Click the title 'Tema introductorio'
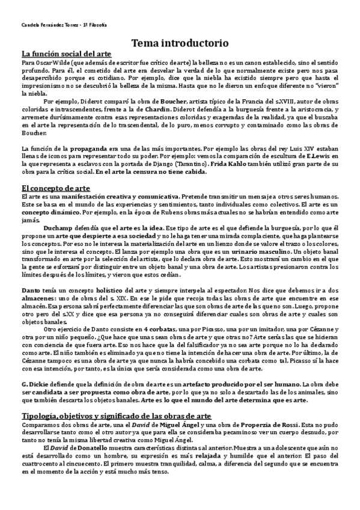pyautogui.click(x=180, y=43)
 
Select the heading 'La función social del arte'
pyautogui.click(x=66, y=54)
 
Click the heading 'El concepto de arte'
pyautogui.click(x=55, y=188)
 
